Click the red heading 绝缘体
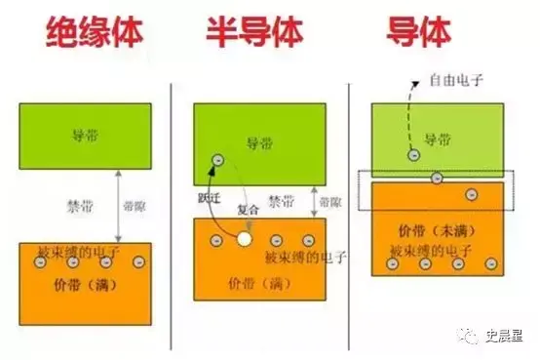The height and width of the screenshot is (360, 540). pos(96,32)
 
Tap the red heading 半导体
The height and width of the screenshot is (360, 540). pos(256,32)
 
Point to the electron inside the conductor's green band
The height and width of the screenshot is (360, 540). pos(413,154)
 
